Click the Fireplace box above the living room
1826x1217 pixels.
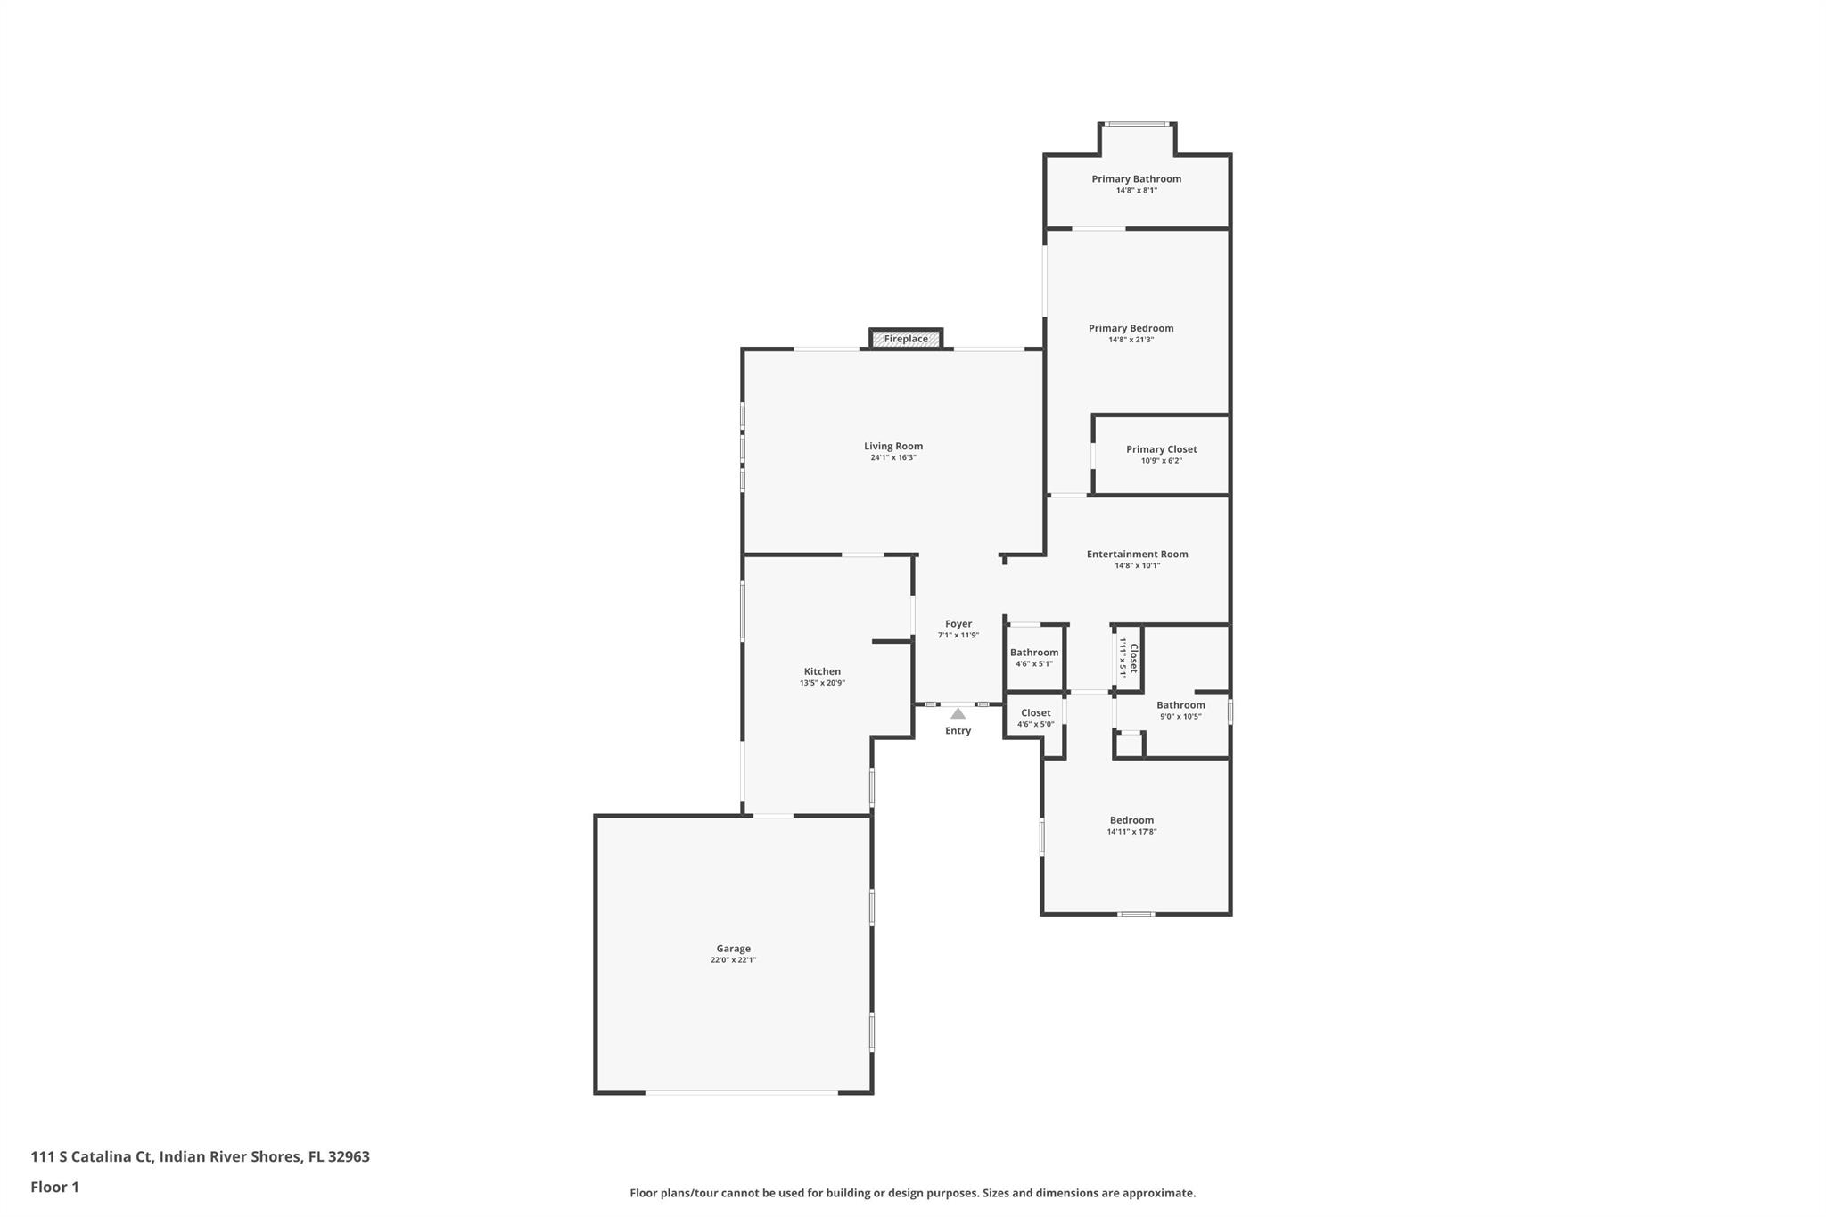pyautogui.click(x=906, y=339)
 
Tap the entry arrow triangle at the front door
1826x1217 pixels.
pyautogui.click(x=958, y=713)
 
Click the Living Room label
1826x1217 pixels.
pyautogui.click(x=892, y=446)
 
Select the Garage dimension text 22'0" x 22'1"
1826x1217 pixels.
pyautogui.click(x=733, y=960)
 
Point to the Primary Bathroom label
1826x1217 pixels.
pyautogui.click(x=1136, y=179)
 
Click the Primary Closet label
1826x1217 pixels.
pyautogui.click(x=1161, y=449)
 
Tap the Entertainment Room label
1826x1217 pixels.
pyautogui.click(x=1137, y=554)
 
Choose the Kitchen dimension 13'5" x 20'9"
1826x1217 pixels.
pyautogui.click(x=822, y=683)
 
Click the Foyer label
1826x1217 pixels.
pyautogui.click(x=958, y=624)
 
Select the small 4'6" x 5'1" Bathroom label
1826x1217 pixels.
pyautogui.click(x=1034, y=653)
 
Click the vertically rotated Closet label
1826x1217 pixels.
pyautogui.click(x=1133, y=658)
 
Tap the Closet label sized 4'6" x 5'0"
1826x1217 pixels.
pyautogui.click(x=1035, y=712)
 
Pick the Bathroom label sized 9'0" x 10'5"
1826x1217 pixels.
pyautogui.click(x=1180, y=705)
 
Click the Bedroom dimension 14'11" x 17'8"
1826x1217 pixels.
pyautogui.click(x=1131, y=832)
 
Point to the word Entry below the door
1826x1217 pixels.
pyautogui.click(x=958, y=731)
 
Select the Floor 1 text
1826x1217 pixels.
pyautogui.click(x=54, y=1187)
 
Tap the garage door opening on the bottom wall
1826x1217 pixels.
pyautogui.click(x=741, y=1092)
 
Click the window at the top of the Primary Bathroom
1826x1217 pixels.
pyautogui.click(x=1137, y=124)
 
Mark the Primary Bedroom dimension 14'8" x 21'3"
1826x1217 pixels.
pyautogui.click(x=1131, y=340)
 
